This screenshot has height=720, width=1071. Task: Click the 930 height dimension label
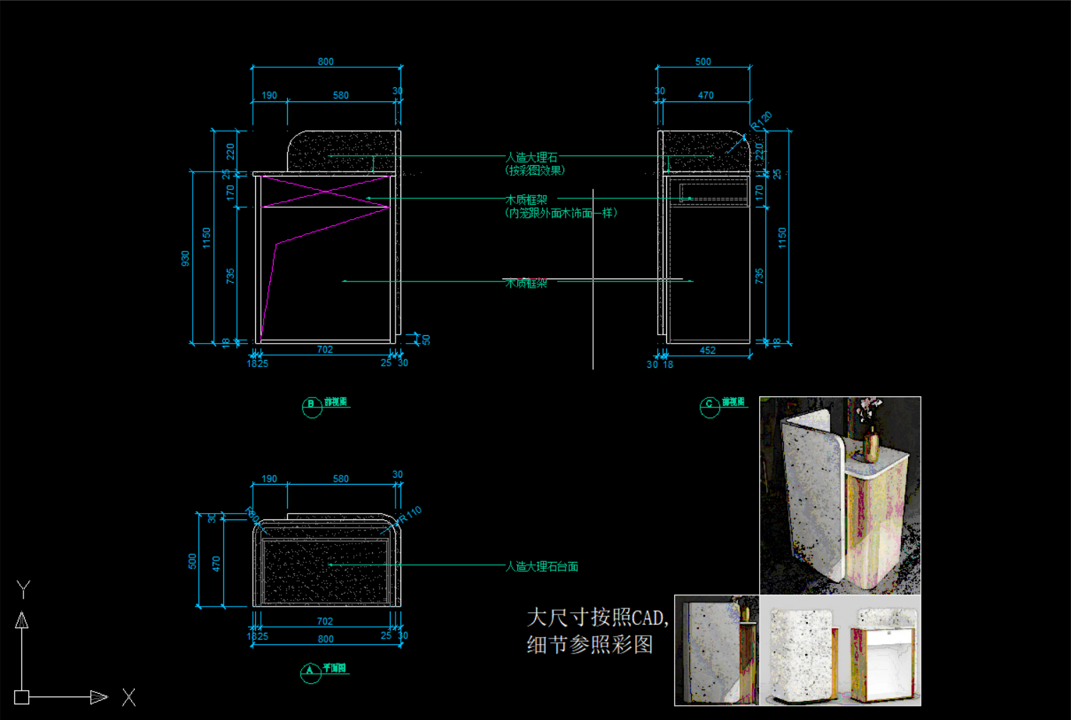[186, 258]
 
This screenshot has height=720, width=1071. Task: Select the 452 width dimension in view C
[707, 350]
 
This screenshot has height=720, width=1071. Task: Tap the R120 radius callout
[762, 120]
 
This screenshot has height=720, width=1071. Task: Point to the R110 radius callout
[410, 514]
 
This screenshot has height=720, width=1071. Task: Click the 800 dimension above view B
[325, 62]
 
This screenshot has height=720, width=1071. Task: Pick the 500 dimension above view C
[703, 62]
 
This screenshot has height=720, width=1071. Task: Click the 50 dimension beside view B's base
[426, 339]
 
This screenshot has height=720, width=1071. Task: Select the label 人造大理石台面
[542, 566]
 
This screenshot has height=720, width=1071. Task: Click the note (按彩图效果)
[535, 170]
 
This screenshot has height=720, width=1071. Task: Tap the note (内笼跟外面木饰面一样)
[561, 213]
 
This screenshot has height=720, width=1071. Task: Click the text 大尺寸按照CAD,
[598, 617]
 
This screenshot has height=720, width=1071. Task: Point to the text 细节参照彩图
[590, 644]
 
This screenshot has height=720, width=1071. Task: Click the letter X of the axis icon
[128, 697]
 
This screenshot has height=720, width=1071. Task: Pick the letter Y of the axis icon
[23, 589]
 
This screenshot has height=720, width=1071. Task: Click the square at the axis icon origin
[22, 697]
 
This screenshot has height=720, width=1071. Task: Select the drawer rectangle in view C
[713, 192]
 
